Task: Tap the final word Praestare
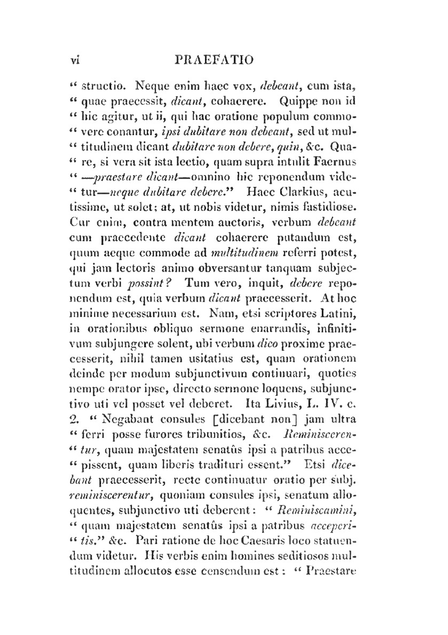coord(331,571)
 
